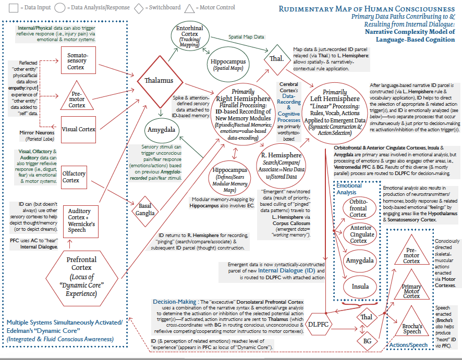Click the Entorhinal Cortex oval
pos(190,36)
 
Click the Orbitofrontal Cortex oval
pos(358,207)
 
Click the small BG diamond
pos(366,341)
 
